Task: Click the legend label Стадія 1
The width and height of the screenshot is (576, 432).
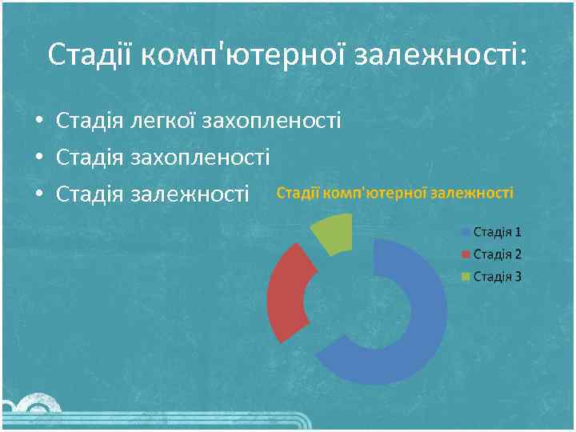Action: (x=498, y=232)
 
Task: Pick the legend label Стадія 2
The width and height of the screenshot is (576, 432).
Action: (x=498, y=254)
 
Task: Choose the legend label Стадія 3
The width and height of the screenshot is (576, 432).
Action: (x=498, y=277)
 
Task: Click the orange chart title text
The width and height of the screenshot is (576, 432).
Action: (x=395, y=193)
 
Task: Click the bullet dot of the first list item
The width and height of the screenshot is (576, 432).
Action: (x=38, y=122)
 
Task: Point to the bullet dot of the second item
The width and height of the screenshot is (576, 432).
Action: (x=38, y=158)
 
